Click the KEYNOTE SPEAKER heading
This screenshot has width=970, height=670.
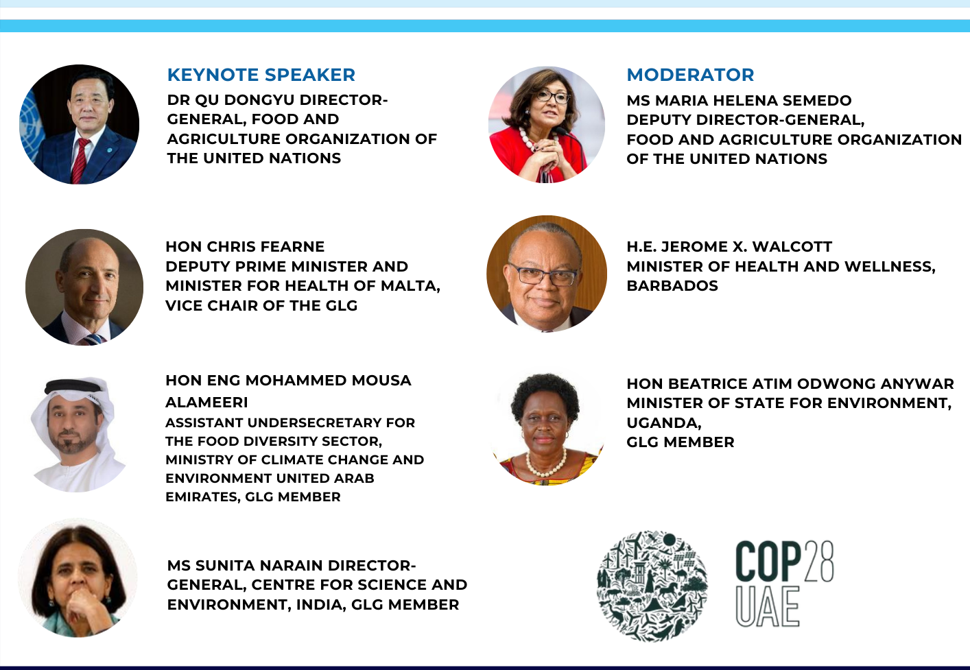pyautogui.click(x=261, y=75)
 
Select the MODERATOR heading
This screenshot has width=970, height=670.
pyautogui.click(x=690, y=75)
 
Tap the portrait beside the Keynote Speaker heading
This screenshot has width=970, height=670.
pyautogui.click(x=80, y=124)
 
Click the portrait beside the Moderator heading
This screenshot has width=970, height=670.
pyautogui.click(x=547, y=124)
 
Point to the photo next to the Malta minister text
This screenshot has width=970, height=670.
pyautogui.click(x=84, y=287)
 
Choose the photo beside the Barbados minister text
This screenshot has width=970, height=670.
pyautogui.click(x=547, y=274)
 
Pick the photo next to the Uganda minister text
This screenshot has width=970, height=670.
pyautogui.click(x=547, y=429)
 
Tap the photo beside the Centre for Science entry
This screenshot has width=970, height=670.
pyautogui.click(x=78, y=578)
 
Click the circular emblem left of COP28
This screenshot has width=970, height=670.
pyautogui.click(x=652, y=585)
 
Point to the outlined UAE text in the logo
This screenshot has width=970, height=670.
pyautogui.click(x=768, y=607)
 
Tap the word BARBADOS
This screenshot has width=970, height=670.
pyautogui.click(x=672, y=286)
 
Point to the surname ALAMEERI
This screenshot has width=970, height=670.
pyautogui.click(x=206, y=403)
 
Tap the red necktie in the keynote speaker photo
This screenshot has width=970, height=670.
pyautogui.click(x=80, y=160)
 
